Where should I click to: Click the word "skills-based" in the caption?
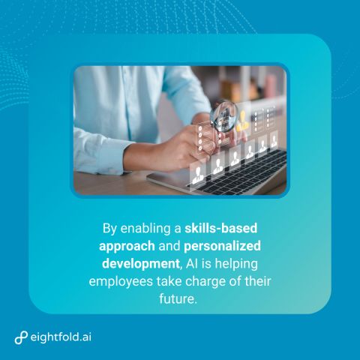(x=221, y=228)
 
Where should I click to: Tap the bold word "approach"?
(x=127, y=247)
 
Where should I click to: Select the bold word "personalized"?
(x=222, y=247)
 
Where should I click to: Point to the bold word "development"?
(x=141, y=264)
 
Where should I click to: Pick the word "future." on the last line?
(x=178, y=298)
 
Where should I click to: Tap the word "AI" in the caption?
(x=192, y=264)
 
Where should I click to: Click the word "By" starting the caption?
(x=109, y=229)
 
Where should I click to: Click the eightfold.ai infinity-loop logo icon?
(x=21, y=337)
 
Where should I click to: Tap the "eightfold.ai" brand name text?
(x=61, y=337)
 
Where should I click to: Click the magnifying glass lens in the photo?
(x=224, y=115)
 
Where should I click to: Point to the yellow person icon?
(x=242, y=121)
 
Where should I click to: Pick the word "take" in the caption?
(x=169, y=281)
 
